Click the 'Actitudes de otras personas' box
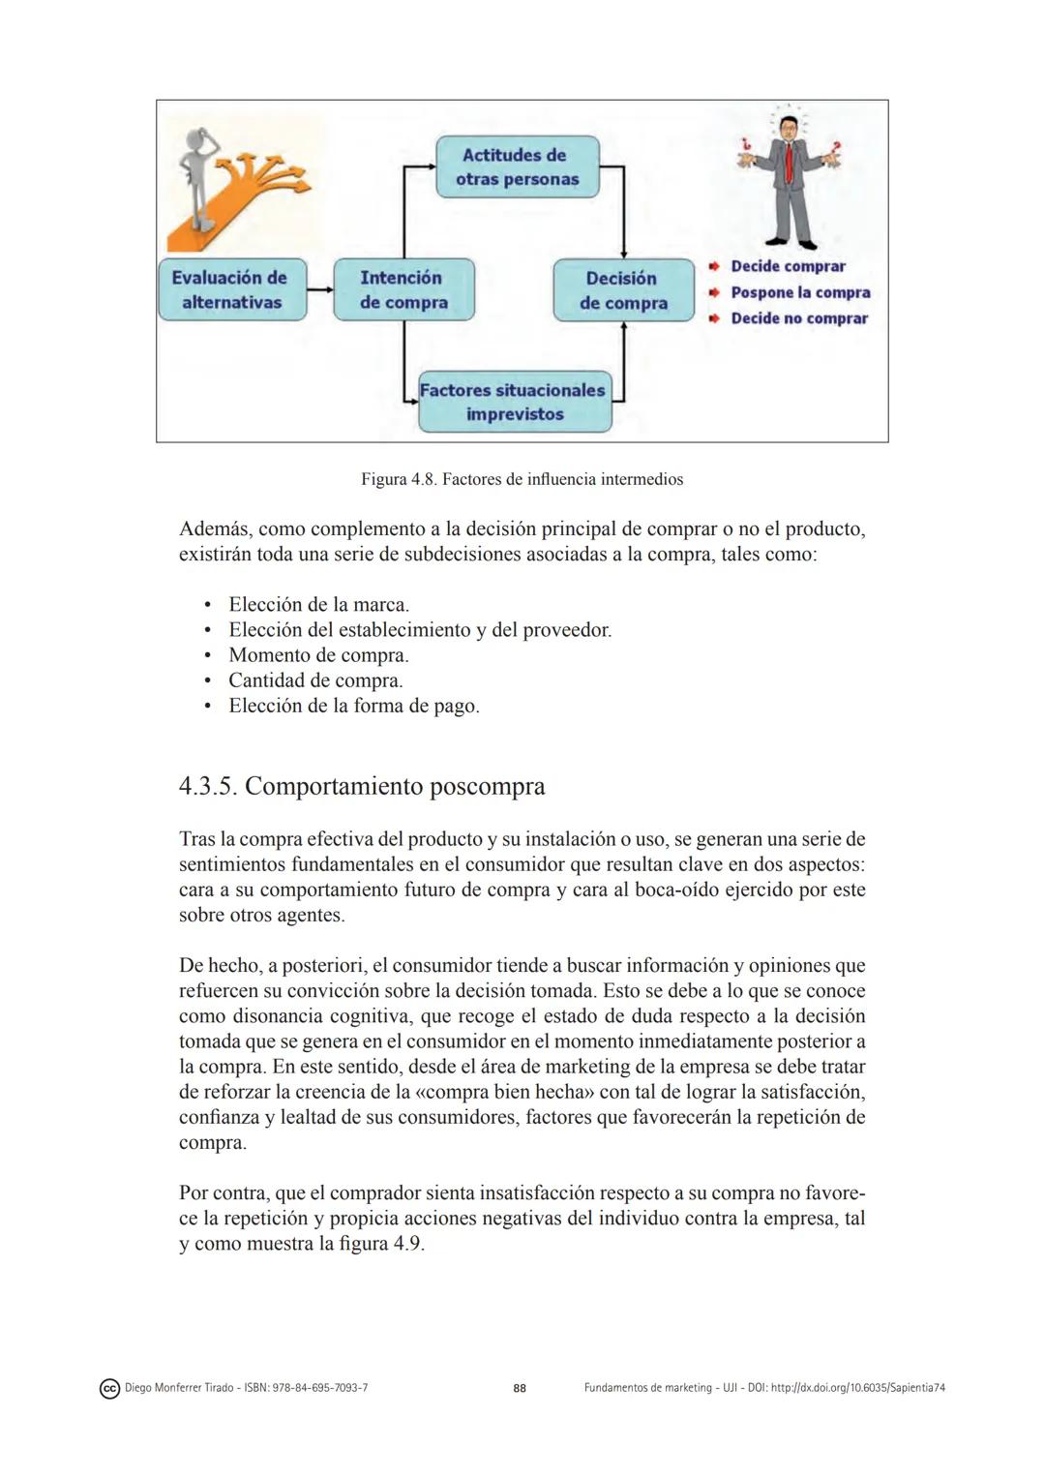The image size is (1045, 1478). click(517, 167)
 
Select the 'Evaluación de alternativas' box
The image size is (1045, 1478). click(231, 289)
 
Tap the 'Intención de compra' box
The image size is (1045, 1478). click(403, 289)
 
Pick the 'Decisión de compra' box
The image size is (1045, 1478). click(623, 290)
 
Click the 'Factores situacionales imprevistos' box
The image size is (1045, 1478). click(514, 402)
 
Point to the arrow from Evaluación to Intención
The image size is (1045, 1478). click(319, 289)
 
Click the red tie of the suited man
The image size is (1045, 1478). click(790, 164)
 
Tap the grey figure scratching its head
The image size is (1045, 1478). click(204, 178)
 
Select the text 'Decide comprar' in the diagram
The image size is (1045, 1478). click(788, 266)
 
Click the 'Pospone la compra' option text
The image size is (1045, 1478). click(800, 292)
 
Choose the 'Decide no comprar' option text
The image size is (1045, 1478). click(799, 318)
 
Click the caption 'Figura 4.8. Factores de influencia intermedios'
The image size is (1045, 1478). click(522, 479)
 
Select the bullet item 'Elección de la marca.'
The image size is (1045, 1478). click(318, 605)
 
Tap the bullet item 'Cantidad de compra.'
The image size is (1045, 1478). click(315, 680)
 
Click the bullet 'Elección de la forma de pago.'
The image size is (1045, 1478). click(354, 706)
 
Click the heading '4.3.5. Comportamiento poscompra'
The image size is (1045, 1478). click(362, 786)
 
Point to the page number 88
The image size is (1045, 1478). click(520, 1388)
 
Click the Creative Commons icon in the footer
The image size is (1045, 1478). click(109, 1389)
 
